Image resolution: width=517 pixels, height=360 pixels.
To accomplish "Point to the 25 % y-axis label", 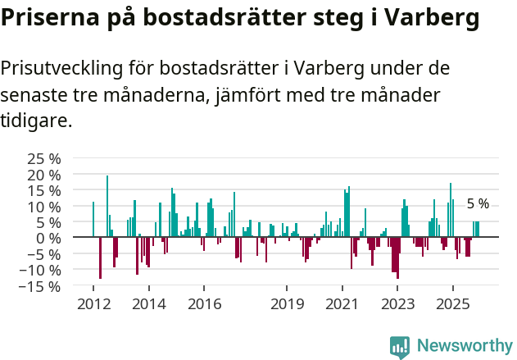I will click(x=44, y=158).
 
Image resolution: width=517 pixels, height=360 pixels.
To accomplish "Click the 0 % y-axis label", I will click(x=49, y=238).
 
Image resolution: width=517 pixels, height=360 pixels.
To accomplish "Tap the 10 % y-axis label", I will click(x=44, y=206).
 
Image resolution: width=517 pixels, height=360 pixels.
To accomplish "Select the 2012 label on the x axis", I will click(x=93, y=304).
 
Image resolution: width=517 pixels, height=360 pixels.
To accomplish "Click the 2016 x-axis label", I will click(x=204, y=304).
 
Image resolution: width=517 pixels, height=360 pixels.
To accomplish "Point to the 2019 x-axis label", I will click(x=287, y=304).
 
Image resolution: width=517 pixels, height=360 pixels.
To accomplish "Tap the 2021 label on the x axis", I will click(x=342, y=304).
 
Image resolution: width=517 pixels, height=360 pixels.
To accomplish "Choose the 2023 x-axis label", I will click(x=397, y=304).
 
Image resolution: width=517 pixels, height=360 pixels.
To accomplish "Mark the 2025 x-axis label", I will click(x=452, y=304).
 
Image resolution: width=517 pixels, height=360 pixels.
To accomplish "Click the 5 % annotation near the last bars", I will click(x=478, y=203).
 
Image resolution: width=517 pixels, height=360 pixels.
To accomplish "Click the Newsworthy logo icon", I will click(x=400, y=347).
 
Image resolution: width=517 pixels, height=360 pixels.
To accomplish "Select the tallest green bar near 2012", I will click(x=107, y=206).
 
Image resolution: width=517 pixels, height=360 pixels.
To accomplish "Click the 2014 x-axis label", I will click(x=148, y=304).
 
